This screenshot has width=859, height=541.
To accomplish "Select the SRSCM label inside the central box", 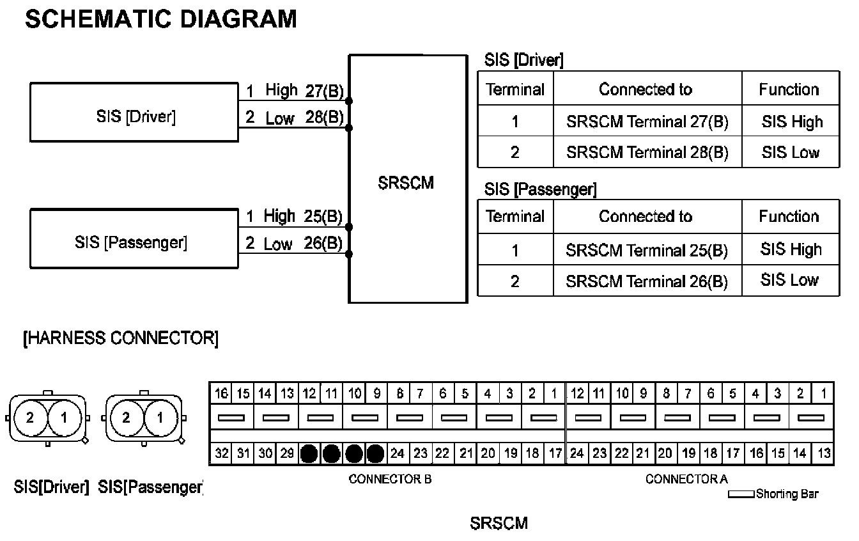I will tap(406, 184).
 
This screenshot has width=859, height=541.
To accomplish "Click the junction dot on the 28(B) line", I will tap(348, 128).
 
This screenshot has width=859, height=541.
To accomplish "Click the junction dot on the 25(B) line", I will tap(348, 226).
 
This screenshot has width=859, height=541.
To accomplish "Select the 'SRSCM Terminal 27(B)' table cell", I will tap(647, 122).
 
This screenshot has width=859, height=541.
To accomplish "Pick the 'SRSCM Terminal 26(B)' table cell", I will tap(647, 281).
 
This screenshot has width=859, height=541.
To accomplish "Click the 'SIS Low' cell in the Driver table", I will tap(791, 152).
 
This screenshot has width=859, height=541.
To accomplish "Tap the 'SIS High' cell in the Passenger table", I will tap(791, 249).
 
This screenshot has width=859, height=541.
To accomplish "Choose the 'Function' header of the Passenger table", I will tap(789, 217).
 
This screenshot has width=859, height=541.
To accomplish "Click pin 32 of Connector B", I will tap(221, 453).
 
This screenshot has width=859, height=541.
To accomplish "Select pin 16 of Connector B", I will tap(221, 393).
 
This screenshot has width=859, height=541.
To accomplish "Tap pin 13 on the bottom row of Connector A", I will tap(824, 453).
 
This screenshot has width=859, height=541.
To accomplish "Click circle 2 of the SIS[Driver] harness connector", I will tap(29, 419).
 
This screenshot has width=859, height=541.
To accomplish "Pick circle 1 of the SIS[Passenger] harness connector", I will tap(160, 419).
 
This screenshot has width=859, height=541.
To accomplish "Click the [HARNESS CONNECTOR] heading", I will tap(120, 338).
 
